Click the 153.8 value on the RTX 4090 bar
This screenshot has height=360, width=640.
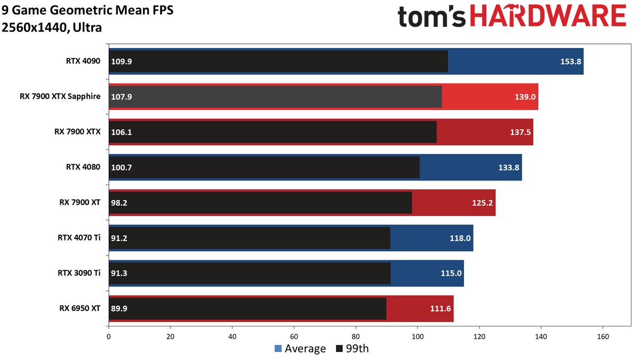click(x=571, y=61)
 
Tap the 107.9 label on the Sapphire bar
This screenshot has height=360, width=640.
click(x=122, y=97)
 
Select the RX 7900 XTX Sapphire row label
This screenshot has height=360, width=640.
click(x=60, y=97)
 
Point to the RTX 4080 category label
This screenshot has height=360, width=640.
click(x=83, y=167)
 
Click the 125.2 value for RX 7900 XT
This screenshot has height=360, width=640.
click(x=482, y=203)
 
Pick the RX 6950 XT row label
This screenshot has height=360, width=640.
click(x=79, y=308)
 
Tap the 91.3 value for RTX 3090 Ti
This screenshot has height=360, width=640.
click(x=119, y=274)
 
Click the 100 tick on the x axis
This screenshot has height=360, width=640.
click(x=418, y=337)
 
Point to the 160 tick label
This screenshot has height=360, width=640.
click(x=603, y=337)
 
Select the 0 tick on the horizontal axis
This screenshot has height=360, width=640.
click(x=109, y=337)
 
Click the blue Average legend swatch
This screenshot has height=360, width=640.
click(x=278, y=349)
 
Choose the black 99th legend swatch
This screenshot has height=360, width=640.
click(x=339, y=349)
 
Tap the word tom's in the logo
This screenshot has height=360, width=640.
click(x=431, y=17)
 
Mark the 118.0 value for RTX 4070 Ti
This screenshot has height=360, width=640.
click(x=460, y=238)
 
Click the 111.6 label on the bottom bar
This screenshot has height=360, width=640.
click(x=441, y=309)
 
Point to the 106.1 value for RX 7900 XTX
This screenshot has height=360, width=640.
click(x=122, y=132)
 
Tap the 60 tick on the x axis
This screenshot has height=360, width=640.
click(x=294, y=337)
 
